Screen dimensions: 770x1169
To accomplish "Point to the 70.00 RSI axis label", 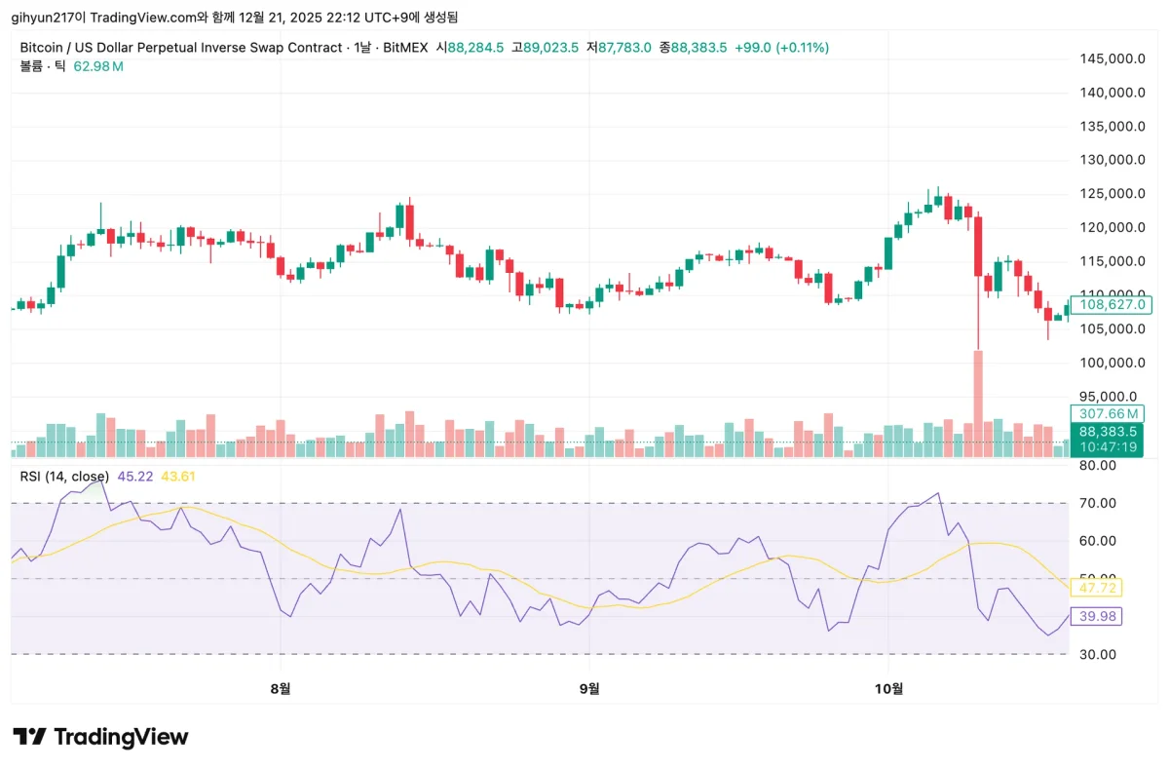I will [1098, 503].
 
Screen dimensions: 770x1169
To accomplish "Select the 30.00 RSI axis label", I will [1098, 654].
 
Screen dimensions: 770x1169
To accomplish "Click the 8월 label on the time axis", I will [281, 689].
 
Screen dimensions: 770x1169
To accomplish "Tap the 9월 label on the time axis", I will [588, 689].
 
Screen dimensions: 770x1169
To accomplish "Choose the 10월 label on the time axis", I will [889, 689].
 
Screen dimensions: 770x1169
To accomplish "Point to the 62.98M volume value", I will [98, 66].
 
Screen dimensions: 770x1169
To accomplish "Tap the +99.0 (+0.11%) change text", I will [781, 47].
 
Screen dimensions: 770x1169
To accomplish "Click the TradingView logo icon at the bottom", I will [30, 737].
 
